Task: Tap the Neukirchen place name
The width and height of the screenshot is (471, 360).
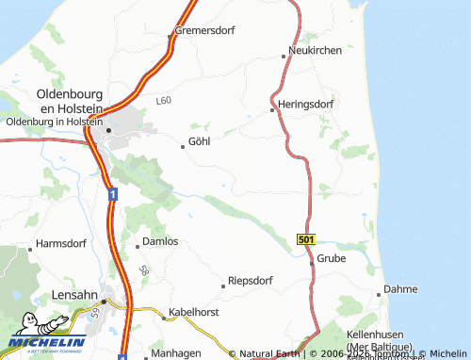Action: (316, 50)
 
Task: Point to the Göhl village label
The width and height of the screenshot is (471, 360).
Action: (199, 142)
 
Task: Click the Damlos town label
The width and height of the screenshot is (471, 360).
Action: (159, 242)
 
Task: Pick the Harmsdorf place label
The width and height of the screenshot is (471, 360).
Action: (61, 244)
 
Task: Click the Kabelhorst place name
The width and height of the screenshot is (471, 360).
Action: (193, 311)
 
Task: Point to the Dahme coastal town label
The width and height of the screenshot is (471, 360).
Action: (402, 290)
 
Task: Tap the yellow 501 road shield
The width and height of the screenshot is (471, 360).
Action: (305, 240)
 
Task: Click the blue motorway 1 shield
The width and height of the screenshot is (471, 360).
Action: (112, 194)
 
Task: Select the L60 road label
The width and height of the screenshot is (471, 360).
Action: (165, 99)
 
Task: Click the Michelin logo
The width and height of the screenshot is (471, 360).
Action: (47, 341)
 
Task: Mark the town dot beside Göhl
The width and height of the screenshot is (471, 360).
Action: (183, 145)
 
